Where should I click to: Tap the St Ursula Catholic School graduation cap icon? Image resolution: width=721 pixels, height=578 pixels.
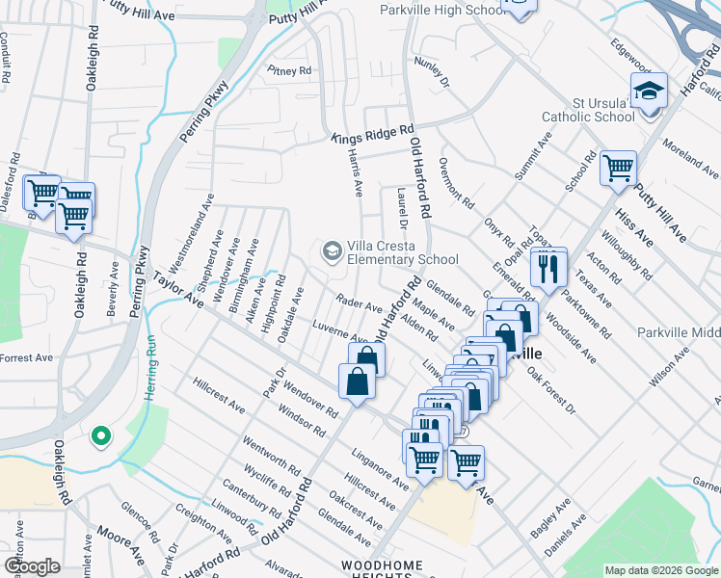650,91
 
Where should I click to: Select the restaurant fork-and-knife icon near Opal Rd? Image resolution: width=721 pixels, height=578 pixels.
548,266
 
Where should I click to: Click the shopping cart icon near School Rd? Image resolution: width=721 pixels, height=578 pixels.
618,168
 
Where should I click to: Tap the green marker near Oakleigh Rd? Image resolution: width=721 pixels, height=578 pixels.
99,437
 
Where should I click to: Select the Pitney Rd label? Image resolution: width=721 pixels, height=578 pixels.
290,70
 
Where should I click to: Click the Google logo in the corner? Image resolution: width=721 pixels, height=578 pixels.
31,566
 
